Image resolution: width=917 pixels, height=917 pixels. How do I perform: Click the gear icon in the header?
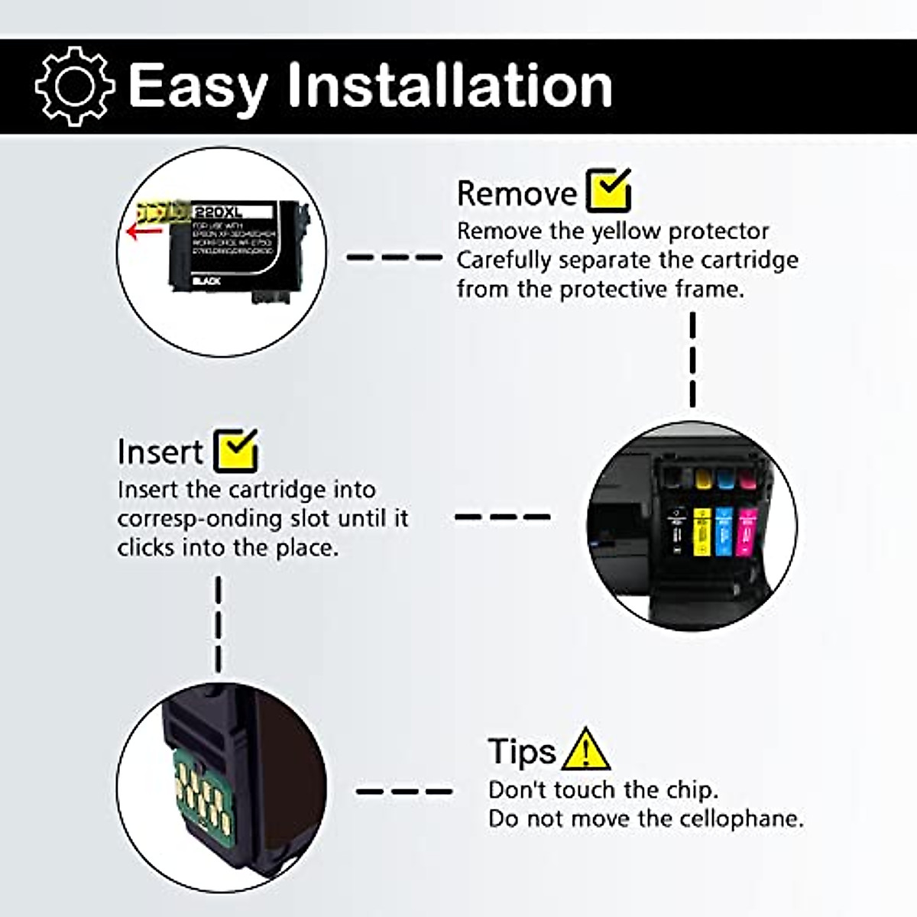coord(74,86)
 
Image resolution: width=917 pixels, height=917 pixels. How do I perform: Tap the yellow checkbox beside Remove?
coord(608,190)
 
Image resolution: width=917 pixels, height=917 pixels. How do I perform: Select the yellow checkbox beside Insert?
coord(236,450)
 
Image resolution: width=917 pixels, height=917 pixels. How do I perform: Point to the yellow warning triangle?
coord(585,750)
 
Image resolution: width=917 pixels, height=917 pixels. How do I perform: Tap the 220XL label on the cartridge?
coord(217,211)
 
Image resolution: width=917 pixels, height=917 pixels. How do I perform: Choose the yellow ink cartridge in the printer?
coord(702,530)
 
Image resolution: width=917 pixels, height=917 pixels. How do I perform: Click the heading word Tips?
coord(522,751)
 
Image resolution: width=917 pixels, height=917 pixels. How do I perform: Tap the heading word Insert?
coord(160,452)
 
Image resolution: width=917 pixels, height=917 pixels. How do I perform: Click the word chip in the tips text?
coord(685,789)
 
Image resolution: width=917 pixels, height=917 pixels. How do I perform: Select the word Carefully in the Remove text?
coord(504,261)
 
